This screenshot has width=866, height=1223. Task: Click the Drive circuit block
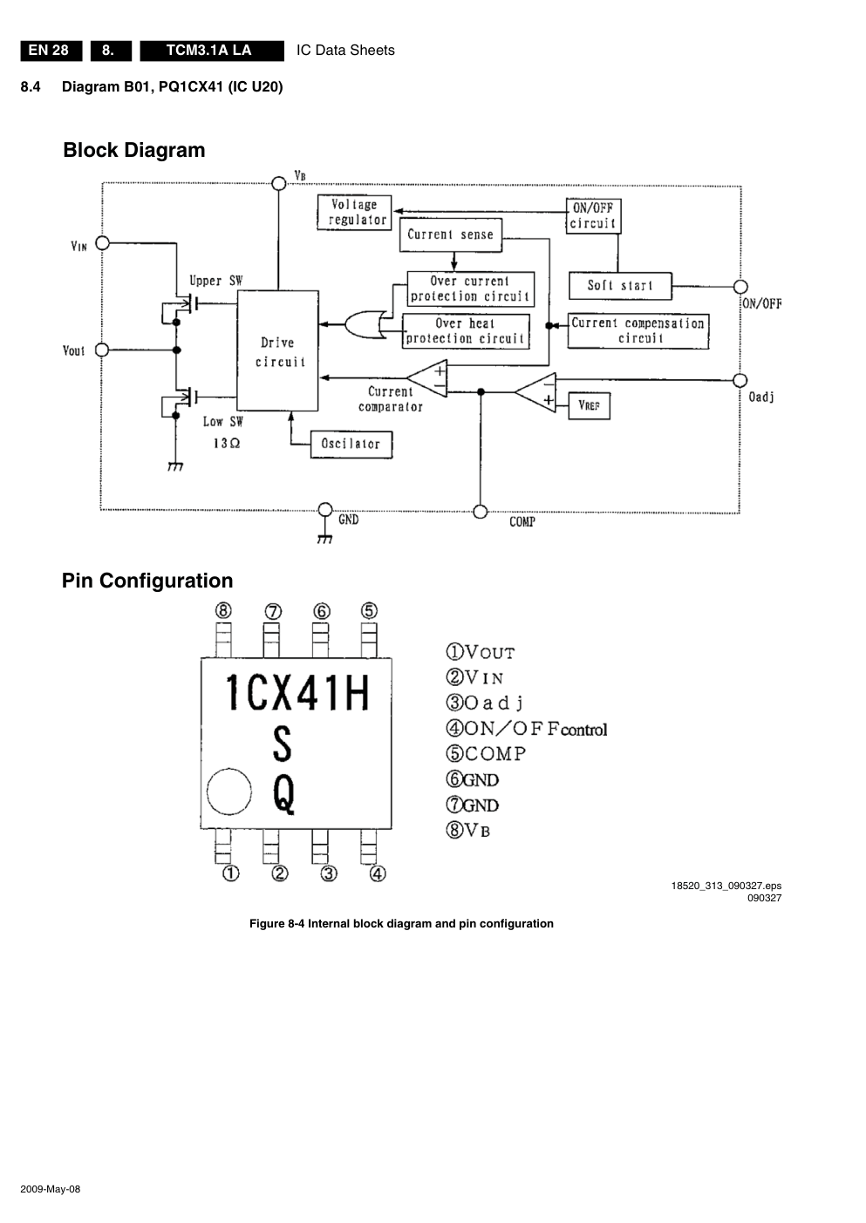pyautogui.click(x=278, y=350)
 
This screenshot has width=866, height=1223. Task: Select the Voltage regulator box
pyautogui.click(x=354, y=213)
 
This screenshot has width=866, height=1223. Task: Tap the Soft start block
pyautogui.click(x=620, y=286)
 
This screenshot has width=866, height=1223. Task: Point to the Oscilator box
pyautogui.click(x=351, y=445)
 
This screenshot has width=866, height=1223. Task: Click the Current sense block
pyautogui.click(x=450, y=235)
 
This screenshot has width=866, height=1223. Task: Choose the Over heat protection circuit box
pyautogui.click(x=466, y=331)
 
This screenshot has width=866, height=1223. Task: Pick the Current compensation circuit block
pyautogui.click(x=638, y=331)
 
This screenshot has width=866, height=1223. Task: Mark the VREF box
pyautogui.click(x=590, y=405)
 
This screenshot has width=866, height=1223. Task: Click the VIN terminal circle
pyautogui.click(x=102, y=242)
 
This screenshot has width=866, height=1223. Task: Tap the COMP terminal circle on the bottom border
pyautogui.click(x=480, y=512)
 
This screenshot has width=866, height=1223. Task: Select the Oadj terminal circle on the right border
pyautogui.click(x=740, y=380)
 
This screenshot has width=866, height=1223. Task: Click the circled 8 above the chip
pyautogui.click(x=224, y=610)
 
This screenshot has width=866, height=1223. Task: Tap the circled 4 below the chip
pyautogui.click(x=378, y=873)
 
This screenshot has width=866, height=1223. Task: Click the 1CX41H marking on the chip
pyautogui.click(x=297, y=694)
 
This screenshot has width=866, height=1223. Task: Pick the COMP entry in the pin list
pyautogui.click(x=487, y=754)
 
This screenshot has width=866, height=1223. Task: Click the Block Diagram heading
pyautogui.click(x=134, y=150)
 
